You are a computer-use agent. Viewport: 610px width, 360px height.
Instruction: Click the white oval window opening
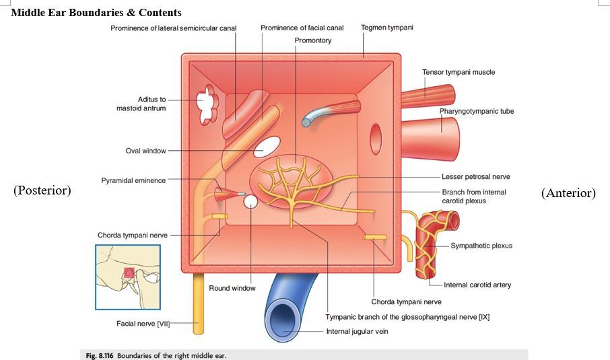[267, 145]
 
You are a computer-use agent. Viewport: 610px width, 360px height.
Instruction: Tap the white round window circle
[251, 202]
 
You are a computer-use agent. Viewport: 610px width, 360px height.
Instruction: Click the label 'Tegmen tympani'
[387, 28]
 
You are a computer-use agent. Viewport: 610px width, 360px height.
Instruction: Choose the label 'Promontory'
[313, 40]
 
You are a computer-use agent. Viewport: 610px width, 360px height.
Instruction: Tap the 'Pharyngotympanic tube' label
[477, 111]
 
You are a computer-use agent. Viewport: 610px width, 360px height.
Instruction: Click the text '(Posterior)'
[42, 190]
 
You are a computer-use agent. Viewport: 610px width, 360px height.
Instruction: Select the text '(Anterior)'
[568, 193]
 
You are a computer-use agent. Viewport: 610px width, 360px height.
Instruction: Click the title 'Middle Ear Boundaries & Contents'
[96, 12]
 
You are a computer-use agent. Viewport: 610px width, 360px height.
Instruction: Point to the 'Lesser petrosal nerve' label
[476, 177]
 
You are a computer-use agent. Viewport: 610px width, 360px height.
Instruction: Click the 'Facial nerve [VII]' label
[143, 324]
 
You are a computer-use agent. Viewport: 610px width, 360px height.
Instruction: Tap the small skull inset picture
[127, 276]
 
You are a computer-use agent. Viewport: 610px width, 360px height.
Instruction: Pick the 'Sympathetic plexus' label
[481, 246]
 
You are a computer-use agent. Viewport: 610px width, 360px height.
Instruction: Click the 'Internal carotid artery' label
[477, 285]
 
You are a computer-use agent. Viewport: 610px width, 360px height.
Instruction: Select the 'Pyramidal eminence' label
[133, 180]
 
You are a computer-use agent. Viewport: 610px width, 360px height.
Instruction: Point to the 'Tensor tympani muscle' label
[459, 72]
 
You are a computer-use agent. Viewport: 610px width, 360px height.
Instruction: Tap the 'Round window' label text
[232, 288]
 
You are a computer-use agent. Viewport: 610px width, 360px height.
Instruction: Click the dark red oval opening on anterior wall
[376, 134]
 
